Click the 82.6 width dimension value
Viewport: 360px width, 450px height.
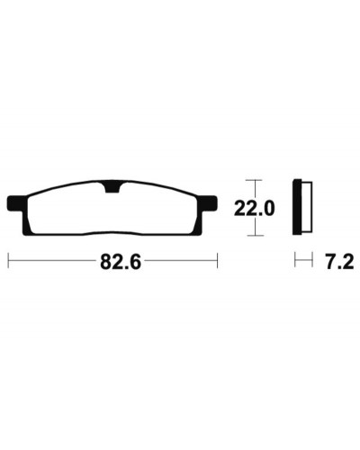coord(121,262)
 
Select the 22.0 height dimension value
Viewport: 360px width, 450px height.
coord(254,209)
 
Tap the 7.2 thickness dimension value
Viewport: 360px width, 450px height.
coord(339,261)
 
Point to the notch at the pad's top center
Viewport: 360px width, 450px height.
coord(112,187)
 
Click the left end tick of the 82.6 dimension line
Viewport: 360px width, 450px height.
coord(9,261)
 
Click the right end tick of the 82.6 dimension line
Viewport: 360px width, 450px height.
coord(217,261)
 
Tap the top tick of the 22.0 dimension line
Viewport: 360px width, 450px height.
coord(254,180)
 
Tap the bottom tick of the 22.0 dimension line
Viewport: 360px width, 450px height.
coord(256,236)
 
